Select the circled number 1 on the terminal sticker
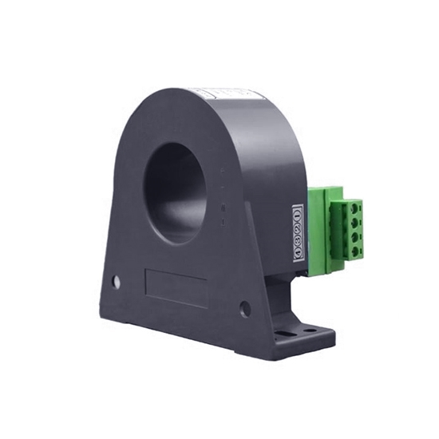(298, 212)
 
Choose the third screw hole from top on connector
(350, 239)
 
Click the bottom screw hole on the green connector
(351, 253)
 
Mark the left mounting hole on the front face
(117, 282)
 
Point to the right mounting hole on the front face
(245, 308)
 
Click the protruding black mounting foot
(303, 335)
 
